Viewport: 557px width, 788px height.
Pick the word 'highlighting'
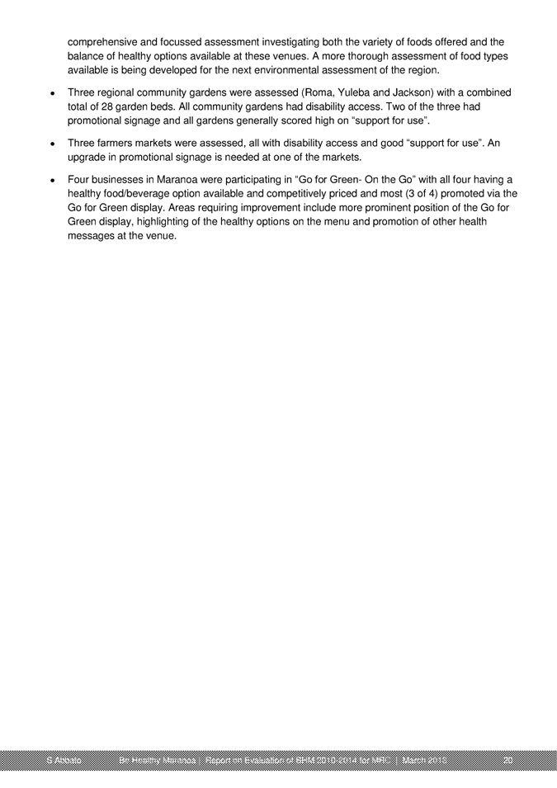coord(180,224)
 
